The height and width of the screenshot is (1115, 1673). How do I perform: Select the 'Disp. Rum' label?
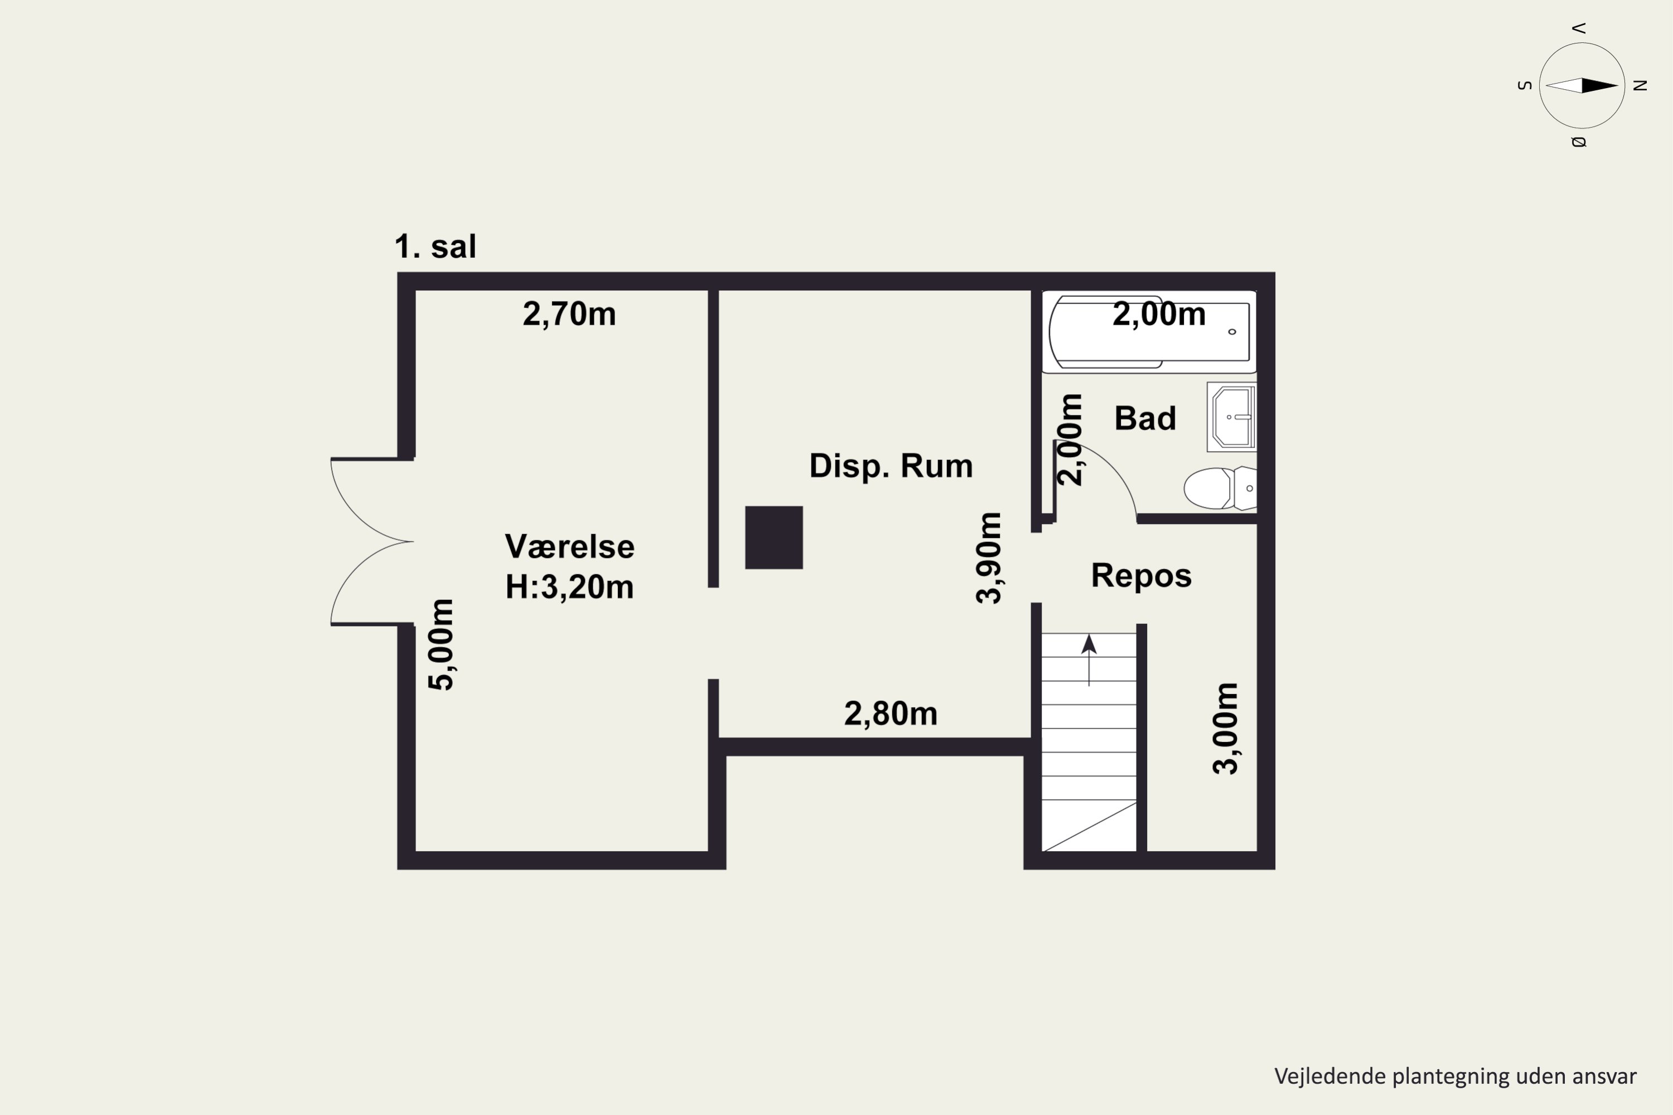[891, 467]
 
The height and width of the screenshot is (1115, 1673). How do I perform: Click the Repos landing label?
[1142, 576]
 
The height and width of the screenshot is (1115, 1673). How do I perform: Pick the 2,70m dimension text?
[569, 314]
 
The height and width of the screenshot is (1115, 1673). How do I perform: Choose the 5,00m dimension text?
[441, 644]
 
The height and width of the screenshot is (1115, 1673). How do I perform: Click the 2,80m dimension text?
[891, 714]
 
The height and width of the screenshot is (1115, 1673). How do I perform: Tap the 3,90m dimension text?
[989, 558]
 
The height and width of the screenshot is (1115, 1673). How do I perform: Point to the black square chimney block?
[774, 537]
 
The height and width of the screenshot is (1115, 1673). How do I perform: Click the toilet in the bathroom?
[1220, 488]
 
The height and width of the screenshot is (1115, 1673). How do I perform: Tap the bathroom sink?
[1232, 418]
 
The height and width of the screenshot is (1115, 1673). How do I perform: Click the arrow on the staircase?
[1089, 661]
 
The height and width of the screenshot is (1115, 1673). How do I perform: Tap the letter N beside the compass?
[1640, 86]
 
